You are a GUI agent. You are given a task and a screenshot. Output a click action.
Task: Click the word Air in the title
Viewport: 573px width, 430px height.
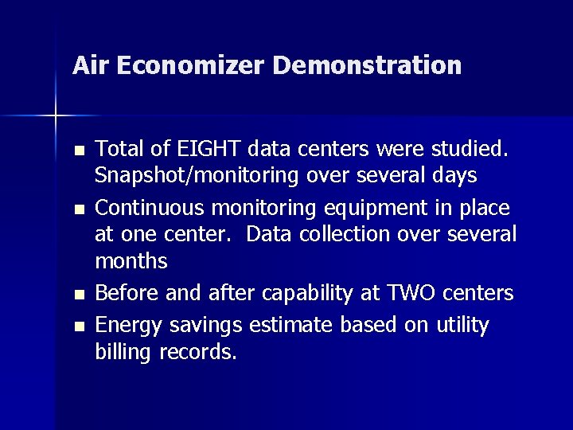coord(89,64)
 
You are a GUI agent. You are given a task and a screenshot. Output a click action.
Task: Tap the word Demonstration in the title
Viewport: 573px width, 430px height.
coord(367,64)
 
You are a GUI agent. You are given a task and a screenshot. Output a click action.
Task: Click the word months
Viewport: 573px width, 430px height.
coord(131,261)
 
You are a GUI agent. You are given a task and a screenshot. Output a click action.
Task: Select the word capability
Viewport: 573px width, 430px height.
coord(291,294)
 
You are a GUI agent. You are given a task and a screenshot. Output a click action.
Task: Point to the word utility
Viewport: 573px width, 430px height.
coord(461,324)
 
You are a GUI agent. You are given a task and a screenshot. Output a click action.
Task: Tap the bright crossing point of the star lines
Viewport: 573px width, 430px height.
coord(56,116)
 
